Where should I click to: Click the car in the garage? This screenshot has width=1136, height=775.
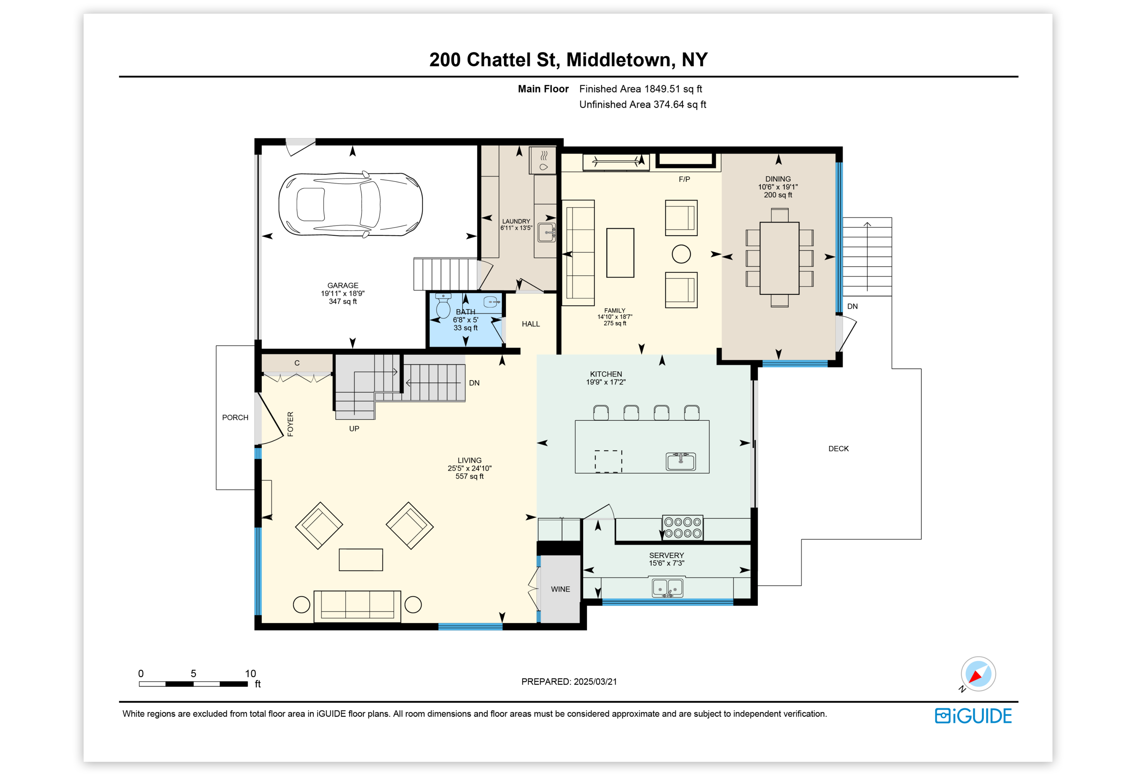(x=351, y=204)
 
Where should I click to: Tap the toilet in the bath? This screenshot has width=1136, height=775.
(x=443, y=306)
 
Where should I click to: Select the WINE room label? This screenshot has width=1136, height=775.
(x=560, y=589)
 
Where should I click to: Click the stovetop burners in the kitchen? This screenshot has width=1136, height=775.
(x=682, y=528)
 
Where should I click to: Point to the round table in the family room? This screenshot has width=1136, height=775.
(x=681, y=254)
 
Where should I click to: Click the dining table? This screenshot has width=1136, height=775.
(x=779, y=258)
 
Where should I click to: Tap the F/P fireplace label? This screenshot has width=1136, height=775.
(x=684, y=179)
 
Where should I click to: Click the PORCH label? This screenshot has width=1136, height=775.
(x=235, y=417)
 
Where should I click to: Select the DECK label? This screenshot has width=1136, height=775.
(x=838, y=448)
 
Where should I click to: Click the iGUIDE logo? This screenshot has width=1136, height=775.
(x=973, y=716)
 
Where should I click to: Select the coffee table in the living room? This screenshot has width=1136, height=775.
(x=361, y=560)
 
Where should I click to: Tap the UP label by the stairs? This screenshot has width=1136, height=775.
(x=354, y=429)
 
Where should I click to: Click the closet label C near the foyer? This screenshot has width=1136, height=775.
(x=297, y=363)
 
